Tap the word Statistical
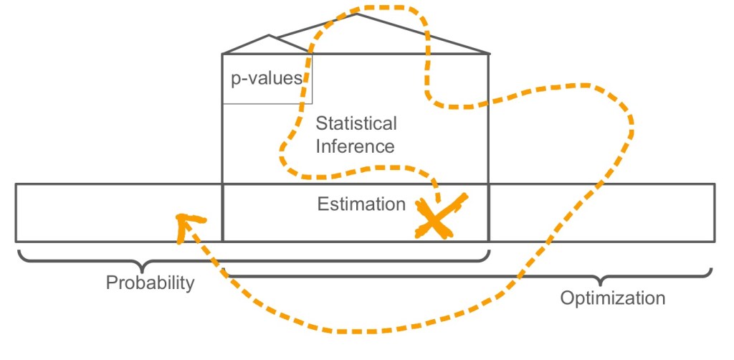pos(356,124)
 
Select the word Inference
pos(356,146)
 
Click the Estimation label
pos(361,204)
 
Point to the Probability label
pos(151,283)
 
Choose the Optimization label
pos(613,297)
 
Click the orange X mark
pos(439,216)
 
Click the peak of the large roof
pos(357,14)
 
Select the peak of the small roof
pos(269,35)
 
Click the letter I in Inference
pos(318,146)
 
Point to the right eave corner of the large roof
pos(490,53)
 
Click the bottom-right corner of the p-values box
pos(313,103)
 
